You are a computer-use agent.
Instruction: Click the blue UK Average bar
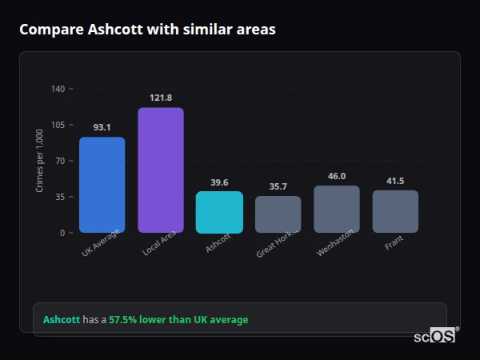pos(102,185)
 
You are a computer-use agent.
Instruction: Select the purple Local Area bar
pos(161,170)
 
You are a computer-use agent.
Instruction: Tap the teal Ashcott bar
pos(219,212)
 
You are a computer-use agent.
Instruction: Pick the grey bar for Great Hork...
pos(278,214)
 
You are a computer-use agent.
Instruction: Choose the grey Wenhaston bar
pos(337,209)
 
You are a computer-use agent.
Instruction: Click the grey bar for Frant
pos(395,211)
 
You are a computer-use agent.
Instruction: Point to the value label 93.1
pos(102,127)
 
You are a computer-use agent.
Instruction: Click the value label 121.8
pos(161,98)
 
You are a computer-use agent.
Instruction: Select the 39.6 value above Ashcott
pos(219,182)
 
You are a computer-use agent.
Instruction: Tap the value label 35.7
pos(278,186)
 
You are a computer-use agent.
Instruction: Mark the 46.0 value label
pos(337,176)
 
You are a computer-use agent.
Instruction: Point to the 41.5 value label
pos(395,181)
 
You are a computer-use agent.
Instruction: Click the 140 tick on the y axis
pos(58,89)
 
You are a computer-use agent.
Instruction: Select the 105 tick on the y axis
pos(58,125)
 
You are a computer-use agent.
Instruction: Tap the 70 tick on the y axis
pos(60,161)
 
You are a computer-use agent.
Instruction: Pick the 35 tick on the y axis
pos(60,197)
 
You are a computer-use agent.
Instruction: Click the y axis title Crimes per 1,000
pos(40,161)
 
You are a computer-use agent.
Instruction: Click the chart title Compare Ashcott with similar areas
pos(147,30)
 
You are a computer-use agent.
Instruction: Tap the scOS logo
pos(435,336)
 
